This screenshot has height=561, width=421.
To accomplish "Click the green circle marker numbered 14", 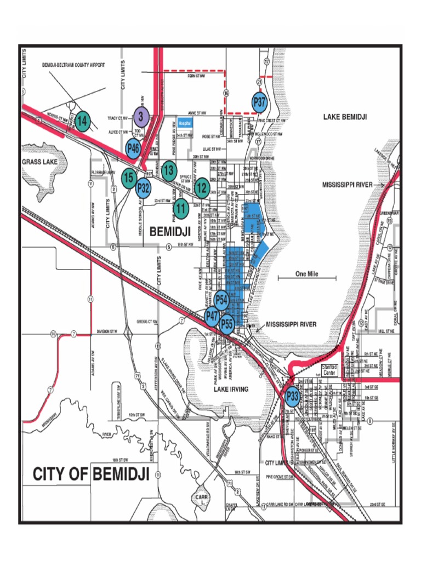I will coord(82,122).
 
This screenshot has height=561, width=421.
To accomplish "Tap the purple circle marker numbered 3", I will coord(140,116).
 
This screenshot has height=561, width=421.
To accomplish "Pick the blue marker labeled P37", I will coord(259,102).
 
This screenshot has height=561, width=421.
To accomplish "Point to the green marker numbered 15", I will coord(129,178).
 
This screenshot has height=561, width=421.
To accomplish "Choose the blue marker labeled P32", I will coord(144,187).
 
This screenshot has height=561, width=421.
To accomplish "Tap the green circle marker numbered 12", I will coord(202,188).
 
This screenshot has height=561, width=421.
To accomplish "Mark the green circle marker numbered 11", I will coord(181,208).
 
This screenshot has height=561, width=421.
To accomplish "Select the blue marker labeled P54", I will coord(221,300).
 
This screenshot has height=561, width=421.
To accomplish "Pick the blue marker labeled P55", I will coord(227,324).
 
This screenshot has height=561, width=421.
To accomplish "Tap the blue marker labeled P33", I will coord(293,396).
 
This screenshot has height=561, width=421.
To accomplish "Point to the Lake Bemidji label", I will coord(344,117).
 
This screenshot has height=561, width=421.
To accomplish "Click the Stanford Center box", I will coord(328,369).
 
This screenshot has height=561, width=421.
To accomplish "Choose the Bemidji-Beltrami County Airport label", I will coord(73,65).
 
